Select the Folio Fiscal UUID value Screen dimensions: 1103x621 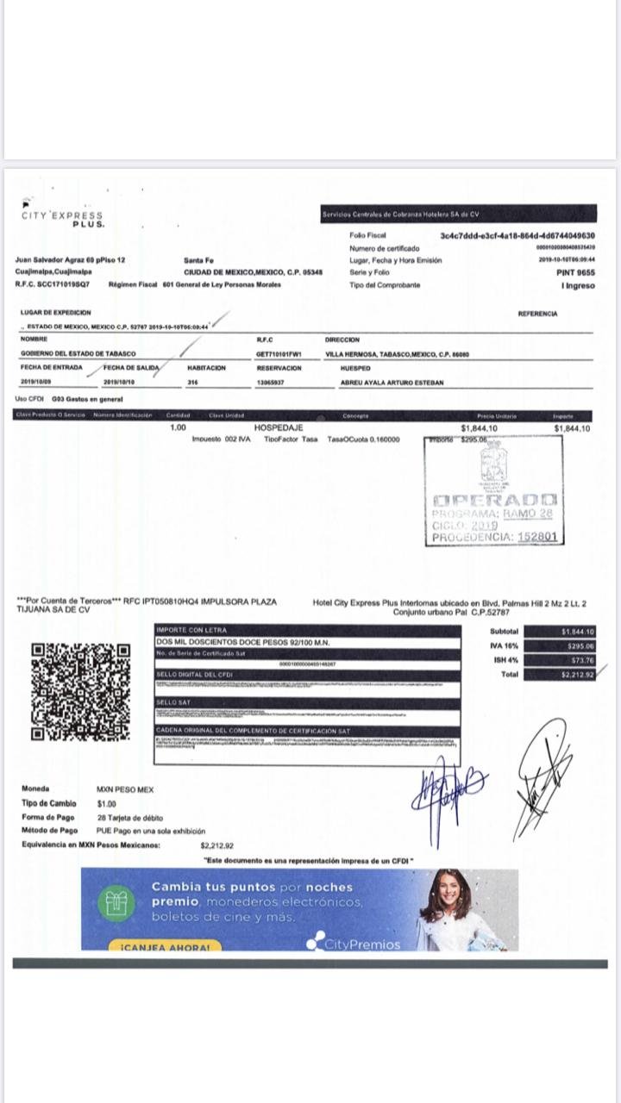click(517, 235)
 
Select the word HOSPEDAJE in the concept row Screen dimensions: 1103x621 click(279, 427)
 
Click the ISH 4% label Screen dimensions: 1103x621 click(505, 660)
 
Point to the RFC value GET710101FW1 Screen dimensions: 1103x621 click(278, 354)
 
